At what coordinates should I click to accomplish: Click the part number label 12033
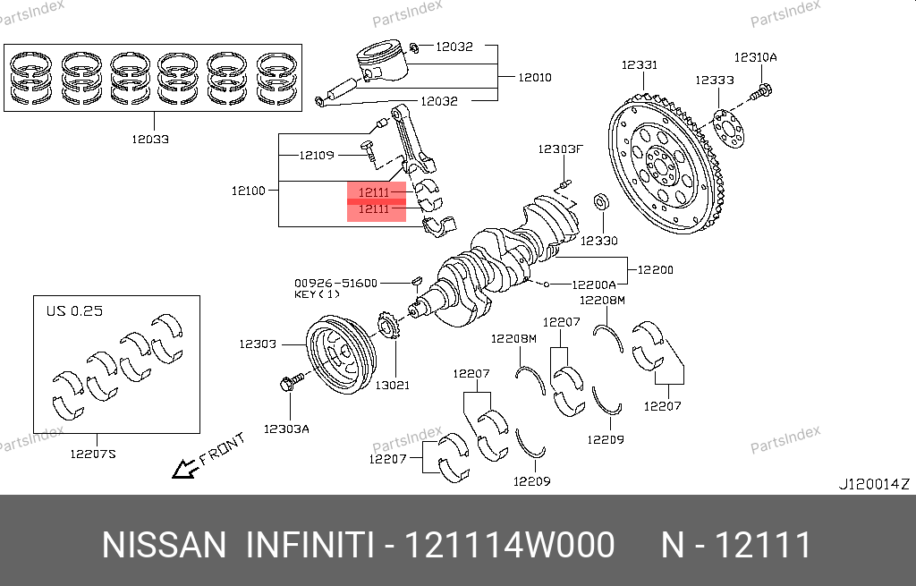click(149, 140)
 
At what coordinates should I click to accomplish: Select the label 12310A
click(756, 57)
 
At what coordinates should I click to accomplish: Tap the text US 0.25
click(74, 311)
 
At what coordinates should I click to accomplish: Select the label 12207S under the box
click(93, 454)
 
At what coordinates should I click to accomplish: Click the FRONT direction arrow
click(185, 466)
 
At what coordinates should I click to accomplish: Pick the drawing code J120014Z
click(873, 484)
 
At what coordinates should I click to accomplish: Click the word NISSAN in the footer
click(165, 545)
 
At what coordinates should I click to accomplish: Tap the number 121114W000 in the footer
click(511, 545)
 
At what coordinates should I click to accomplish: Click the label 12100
click(249, 191)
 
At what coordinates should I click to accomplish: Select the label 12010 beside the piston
click(534, 77)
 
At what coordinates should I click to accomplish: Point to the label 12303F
click(560, 149)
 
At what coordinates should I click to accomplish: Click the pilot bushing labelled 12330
click(602, 201)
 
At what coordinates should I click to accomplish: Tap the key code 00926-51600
click(335, 282)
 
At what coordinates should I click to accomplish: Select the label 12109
click(316, 155)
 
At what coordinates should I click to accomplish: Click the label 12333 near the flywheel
click(715, 80)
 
